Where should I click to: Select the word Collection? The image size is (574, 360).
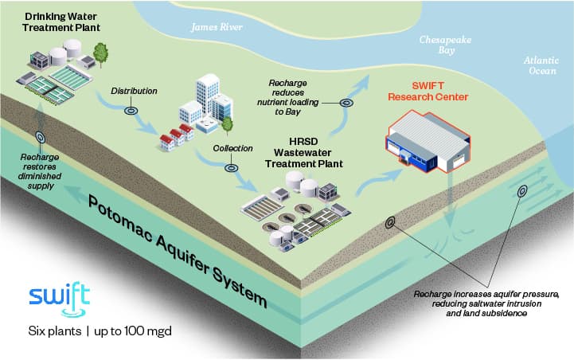coord(232,148)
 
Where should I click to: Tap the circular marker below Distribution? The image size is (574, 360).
coord(131,110)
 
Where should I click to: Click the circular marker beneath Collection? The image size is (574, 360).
coord(232,167)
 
